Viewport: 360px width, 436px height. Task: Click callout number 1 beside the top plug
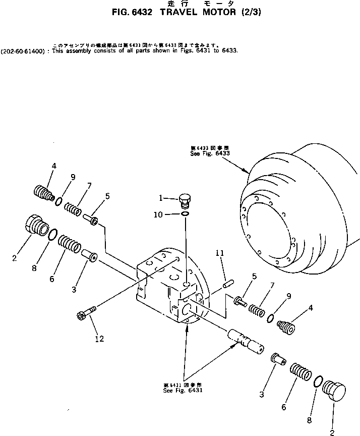[x=161, y=198]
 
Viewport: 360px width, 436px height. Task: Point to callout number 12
[x=99, y=339]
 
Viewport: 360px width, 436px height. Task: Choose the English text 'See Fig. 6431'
[x=183, y=390]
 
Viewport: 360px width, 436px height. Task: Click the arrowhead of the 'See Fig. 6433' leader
[x=248, y=173]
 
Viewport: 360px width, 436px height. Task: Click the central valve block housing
[x=169, y=288]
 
